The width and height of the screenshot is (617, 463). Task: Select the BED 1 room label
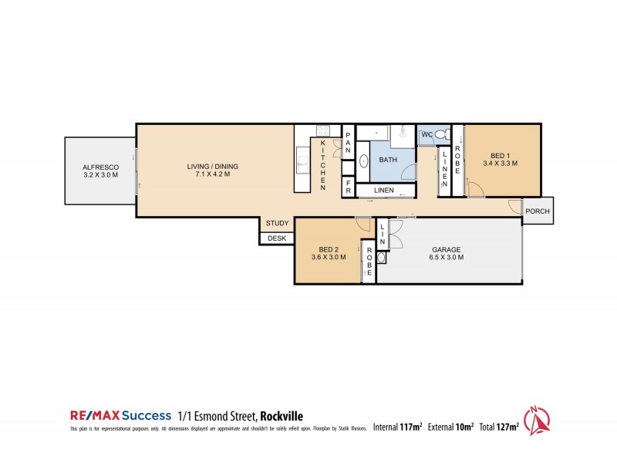[500, 158]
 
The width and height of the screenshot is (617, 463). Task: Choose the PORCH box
[538, 211]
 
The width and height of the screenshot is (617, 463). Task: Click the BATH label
[387, 161]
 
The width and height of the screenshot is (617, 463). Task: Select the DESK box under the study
[277, 238]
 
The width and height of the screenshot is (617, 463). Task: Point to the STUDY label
[278, 224]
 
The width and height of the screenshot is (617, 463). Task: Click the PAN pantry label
[348, 141]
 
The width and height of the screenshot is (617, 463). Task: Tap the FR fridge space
[349, 188]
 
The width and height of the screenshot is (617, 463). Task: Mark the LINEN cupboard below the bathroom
[384, 190]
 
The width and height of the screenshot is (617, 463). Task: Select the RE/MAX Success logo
[120, 415]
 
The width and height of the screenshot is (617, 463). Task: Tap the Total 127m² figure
[499, 426]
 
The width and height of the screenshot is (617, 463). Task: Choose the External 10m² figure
[449, 426]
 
